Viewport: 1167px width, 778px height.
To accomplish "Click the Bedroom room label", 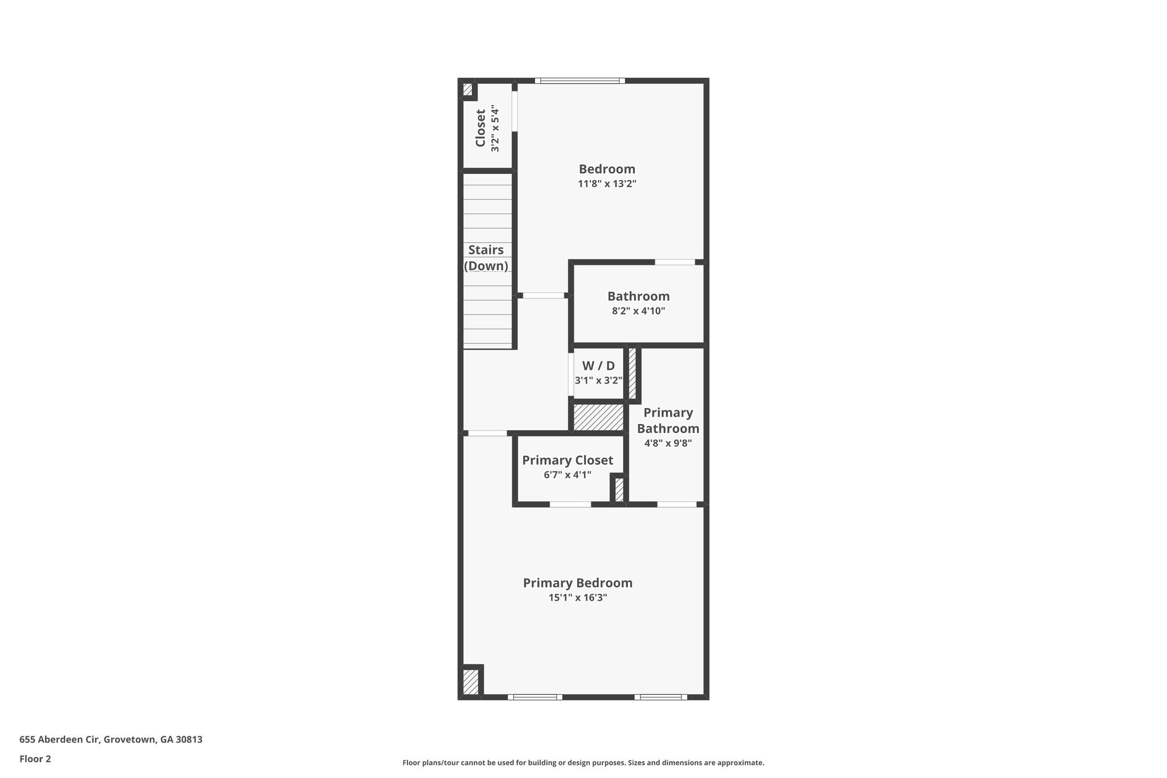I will point(607,169).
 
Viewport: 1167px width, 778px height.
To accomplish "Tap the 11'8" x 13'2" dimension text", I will point(607,184).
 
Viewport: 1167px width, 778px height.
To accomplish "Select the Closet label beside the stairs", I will point(480,128).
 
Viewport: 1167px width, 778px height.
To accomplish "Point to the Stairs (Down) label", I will point(486,258).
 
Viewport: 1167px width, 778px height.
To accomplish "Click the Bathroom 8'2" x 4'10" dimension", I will point(638,311).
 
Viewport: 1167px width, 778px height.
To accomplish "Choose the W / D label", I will point(598,366).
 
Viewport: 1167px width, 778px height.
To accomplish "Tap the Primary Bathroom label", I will point(668,421).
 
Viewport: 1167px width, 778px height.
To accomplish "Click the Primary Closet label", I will point(568,461).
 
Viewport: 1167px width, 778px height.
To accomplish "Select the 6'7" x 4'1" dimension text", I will point(568,475).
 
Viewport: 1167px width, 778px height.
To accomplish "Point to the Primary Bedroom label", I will point(578,583).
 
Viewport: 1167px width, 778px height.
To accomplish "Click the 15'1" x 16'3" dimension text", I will point(578,598).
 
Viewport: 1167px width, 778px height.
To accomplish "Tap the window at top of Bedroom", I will point(580,81).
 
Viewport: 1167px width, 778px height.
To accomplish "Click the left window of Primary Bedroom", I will point(534,696).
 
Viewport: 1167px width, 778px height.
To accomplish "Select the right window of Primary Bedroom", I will point(660,696).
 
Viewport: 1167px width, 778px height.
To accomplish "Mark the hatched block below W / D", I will point(598,417).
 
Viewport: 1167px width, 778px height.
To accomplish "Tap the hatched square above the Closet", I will point(467,89).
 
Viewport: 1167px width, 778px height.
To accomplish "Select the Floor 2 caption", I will point(35,759).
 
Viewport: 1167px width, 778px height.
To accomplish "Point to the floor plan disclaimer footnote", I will point(583,763).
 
